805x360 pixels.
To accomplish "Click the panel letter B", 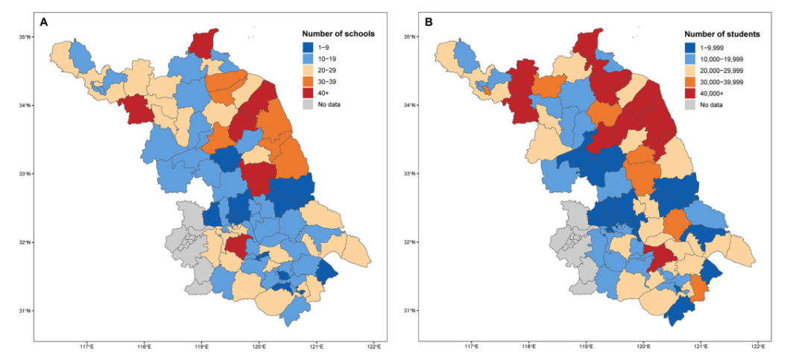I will point(429,22).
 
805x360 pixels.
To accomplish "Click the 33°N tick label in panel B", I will point(409,174).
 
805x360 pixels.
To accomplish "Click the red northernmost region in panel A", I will point(203,42).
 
